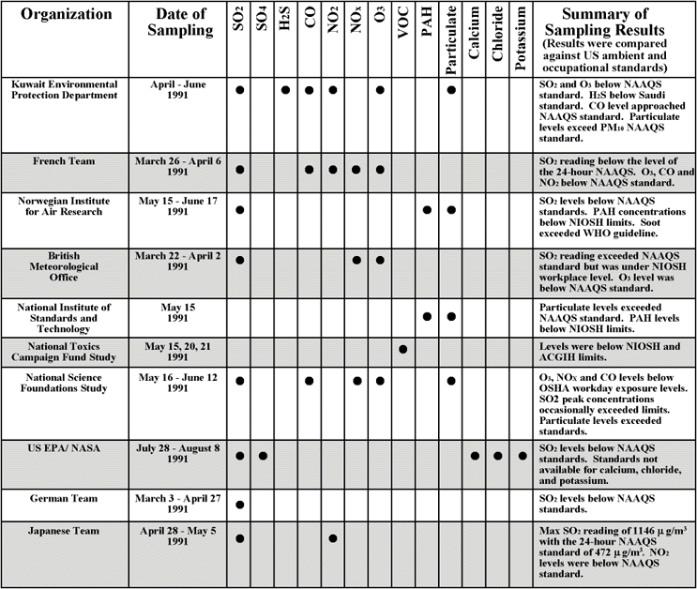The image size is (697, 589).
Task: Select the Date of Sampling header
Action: click(180, 23)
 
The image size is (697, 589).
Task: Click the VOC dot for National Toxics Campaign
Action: click(403, 350)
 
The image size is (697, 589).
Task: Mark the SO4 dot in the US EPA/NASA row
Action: click(264, 456)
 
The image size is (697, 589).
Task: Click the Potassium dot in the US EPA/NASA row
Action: click(521, 456)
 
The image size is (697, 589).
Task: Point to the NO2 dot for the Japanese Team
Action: click(334, 538)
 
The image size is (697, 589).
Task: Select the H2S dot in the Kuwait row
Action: click(286, 90)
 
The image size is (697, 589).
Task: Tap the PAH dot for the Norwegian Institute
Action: click(427, 210)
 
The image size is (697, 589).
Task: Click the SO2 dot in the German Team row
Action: click(240, 505)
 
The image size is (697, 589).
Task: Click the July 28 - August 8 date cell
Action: click(180, 454)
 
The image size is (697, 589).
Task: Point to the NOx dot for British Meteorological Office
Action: click(356, 260)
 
